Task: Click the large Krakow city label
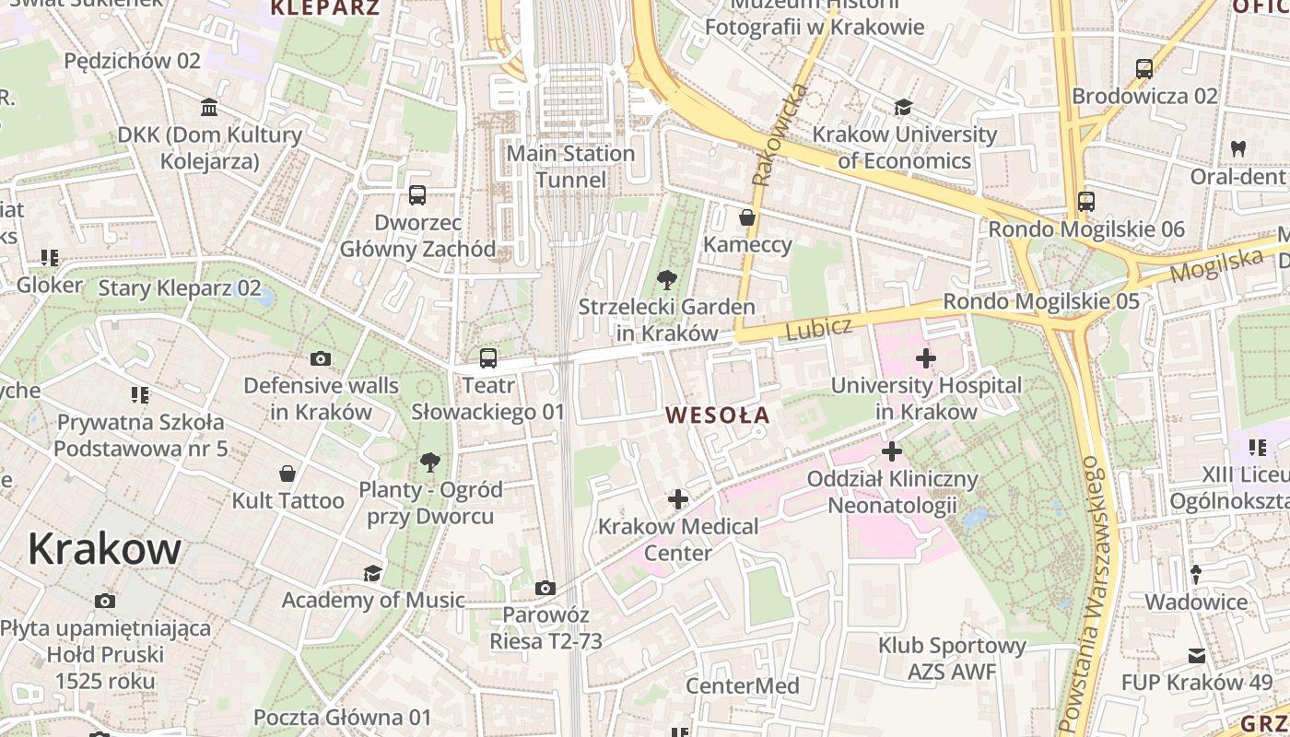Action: point(104,549)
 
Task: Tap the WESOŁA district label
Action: point(718,415)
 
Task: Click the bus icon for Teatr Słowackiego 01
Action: point(488,358)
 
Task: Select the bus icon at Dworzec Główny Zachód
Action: point(417,195)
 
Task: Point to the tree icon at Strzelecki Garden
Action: point(666,279)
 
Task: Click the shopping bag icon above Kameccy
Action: point(747,217)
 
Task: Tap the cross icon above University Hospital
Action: point(926,358)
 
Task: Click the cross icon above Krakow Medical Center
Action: point(678,499)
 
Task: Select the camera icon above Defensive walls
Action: point(321,358)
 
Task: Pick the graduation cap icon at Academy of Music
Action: point(372,573)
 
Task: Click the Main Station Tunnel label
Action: point(571,167)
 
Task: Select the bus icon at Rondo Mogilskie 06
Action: point(1086,201)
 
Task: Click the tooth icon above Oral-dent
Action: point(1238,148)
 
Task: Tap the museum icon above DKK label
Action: point(209,108)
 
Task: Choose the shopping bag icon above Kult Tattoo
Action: point(287,474)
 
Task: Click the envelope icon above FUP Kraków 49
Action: point(1197,656)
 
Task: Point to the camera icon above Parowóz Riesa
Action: point(545,588)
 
